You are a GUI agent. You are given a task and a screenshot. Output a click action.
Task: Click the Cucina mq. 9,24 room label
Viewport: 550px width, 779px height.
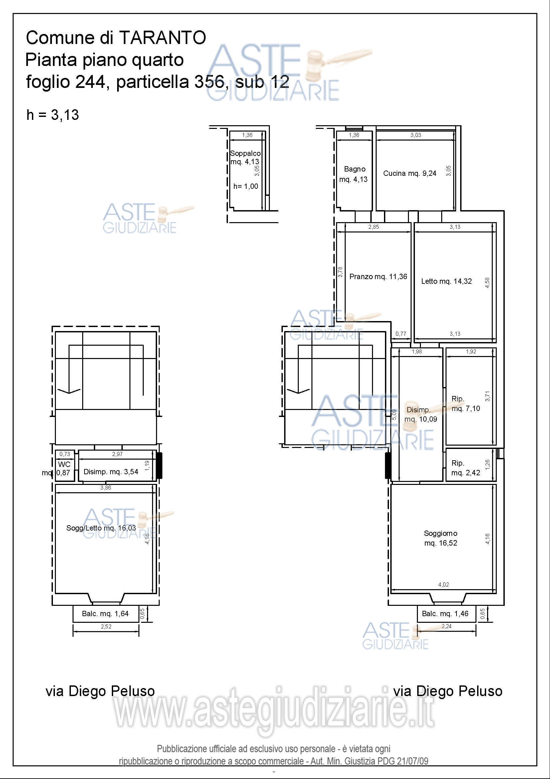[410, 174]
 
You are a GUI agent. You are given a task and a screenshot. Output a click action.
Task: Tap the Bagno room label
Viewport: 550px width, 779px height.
[354, 169]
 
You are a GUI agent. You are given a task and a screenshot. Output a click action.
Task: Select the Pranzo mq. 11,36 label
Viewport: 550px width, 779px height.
[378, 276]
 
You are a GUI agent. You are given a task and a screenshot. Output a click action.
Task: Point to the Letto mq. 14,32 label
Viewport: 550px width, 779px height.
[446, 281]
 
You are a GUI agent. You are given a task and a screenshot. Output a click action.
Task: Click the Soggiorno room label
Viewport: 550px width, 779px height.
[441, 533]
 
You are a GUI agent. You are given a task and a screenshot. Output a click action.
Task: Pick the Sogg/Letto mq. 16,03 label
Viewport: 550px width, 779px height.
[101, 528]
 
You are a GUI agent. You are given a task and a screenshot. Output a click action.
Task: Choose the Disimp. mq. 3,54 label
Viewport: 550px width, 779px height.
[111, 472]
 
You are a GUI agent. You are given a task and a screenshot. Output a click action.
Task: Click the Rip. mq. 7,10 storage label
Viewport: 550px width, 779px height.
[465, 403]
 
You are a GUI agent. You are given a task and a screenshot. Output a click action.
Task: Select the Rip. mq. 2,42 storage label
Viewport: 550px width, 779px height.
[465, 468]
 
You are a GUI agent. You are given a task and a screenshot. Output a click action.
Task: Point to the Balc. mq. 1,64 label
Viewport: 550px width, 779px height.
[105, 613]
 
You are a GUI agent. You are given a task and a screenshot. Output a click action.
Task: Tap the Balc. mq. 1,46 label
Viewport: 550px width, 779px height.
[445, 613]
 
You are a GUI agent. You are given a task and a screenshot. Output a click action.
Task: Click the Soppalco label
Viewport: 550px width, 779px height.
[245, 153]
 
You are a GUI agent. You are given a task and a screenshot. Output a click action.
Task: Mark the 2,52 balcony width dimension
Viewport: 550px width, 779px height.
[106, 627]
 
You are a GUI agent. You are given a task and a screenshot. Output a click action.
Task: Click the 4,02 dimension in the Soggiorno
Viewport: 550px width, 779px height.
[444, 584]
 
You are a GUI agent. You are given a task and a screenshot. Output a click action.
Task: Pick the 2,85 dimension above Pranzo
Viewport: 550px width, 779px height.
[374, 227]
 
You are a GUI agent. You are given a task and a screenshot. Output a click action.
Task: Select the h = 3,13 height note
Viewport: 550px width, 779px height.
[53, 115]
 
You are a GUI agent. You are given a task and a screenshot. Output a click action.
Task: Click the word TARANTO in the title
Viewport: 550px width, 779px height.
[163, 37]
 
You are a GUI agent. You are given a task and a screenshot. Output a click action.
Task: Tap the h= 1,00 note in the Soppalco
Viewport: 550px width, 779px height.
[246, 186]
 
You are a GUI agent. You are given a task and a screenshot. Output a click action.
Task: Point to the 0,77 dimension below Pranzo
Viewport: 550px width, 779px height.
[401, 334]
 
